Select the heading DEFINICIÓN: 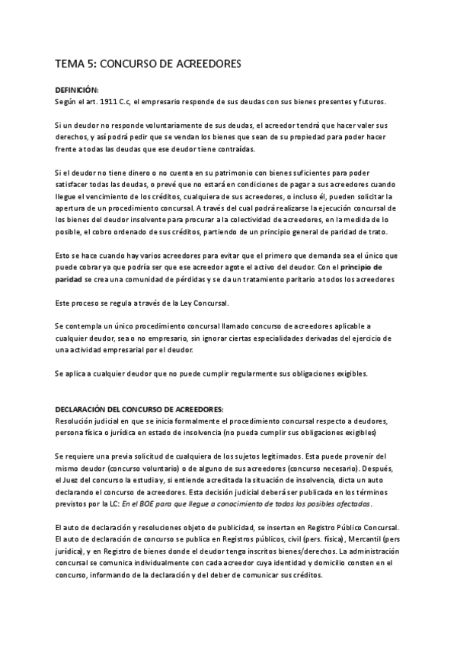(77, 90)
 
